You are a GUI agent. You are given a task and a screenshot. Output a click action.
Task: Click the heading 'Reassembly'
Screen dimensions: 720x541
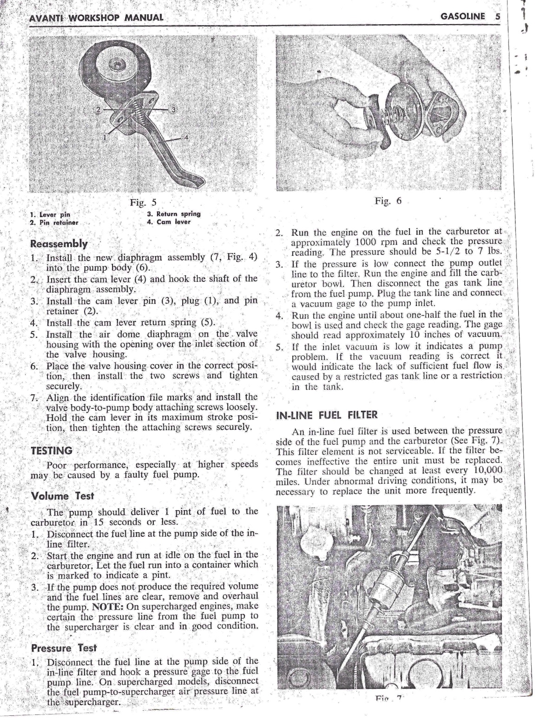pos(59,243)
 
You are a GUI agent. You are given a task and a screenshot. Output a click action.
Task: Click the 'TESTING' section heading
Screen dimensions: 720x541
pos(51,451)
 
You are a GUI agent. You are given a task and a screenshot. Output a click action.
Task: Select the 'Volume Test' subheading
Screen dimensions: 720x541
pos(62,496)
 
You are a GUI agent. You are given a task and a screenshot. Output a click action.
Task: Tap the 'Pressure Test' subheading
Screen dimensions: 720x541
pos(64,647)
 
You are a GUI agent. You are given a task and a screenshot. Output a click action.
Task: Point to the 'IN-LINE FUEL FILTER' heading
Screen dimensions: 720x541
pos(327,415)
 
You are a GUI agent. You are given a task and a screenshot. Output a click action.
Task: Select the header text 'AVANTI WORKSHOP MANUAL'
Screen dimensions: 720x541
pos(96,18)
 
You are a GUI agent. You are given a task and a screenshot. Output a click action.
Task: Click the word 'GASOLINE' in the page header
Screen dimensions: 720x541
pos(462,17)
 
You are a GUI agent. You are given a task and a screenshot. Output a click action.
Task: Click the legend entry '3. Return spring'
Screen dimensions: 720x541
pos(174,214)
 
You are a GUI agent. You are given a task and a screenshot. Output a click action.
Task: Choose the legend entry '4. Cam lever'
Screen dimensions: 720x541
pos(169,222)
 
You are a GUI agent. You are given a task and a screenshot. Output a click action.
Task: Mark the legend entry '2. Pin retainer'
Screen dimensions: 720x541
pos(54,222)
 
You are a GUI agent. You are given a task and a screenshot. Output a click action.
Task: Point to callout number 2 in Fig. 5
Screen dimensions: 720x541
pos(98,110)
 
